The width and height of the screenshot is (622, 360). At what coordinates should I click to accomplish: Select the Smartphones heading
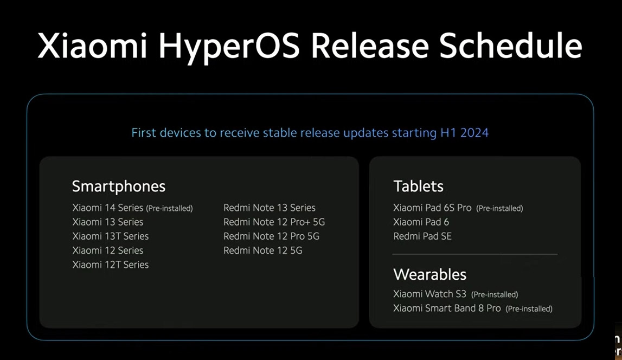click(119, 186)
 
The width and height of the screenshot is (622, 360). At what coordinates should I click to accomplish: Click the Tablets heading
click(418, 186)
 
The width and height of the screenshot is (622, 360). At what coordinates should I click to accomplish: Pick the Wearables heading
click(429, 274)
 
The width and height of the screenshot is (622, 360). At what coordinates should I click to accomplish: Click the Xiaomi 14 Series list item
click(108, 208)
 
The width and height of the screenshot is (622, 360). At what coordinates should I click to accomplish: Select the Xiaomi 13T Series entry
click(110, 236)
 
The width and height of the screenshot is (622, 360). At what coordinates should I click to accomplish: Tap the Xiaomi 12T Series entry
click(110, 265)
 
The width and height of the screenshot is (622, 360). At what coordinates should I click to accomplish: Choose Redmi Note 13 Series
click(269, 208)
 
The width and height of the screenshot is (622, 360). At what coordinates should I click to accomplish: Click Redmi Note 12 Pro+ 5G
click(274, 222)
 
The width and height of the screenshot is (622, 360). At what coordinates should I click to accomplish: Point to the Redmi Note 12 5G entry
click(262, 250)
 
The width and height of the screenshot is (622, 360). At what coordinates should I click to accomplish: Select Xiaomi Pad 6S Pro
click(432, 208)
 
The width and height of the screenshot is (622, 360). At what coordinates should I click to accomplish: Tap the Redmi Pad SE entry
click(422, 236)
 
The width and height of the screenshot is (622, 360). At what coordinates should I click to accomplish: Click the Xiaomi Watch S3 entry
click(429, 294)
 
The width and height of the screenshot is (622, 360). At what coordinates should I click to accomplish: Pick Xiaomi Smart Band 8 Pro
click(447, 308)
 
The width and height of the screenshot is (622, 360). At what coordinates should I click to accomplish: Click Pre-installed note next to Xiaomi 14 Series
click(169, 208)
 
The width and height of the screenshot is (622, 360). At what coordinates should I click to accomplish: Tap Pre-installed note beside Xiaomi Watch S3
click(495, 294)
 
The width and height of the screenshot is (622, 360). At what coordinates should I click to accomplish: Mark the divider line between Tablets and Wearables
click(474, 254)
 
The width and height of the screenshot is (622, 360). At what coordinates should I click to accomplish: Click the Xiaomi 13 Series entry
click(107, 222)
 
